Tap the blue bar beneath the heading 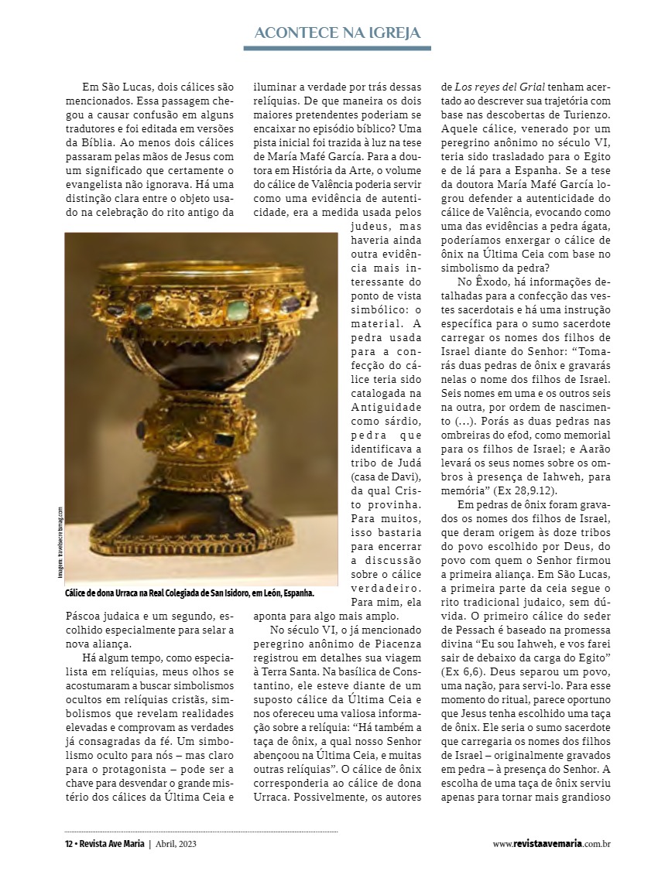click(x=337, y=48)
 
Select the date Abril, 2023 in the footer click(x=176, y=844)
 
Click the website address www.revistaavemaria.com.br click(x=552, y=844)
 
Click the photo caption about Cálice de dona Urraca click(x=190, y=593)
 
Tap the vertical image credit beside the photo click(x=60, y=541)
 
